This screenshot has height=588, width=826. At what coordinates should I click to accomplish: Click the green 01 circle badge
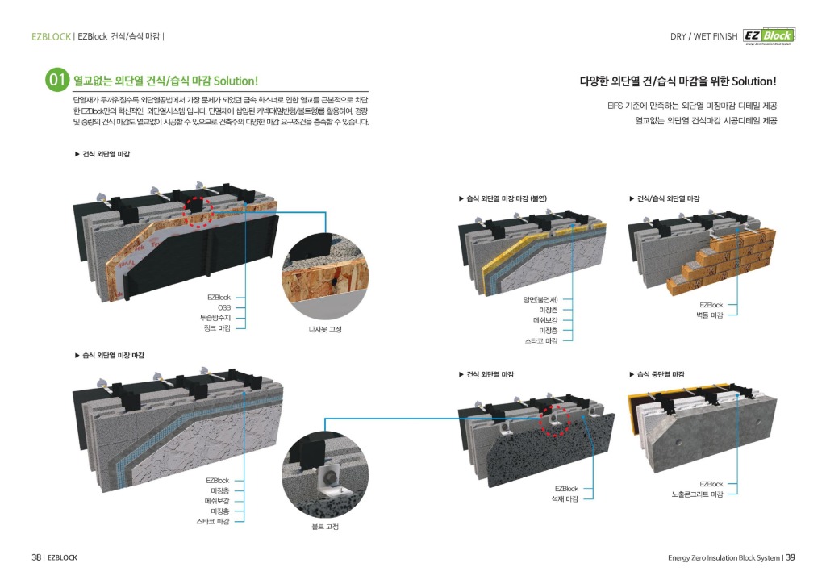pyautogui.click(x=58, y=81)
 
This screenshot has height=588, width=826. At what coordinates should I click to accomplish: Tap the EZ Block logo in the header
pyautogui.click(x=769, y=36)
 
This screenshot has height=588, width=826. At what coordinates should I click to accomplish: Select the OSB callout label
pyautogui.click(x=224, y=307)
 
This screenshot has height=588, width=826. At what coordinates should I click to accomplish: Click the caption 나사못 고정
pyautogui.click(x=325, y=329)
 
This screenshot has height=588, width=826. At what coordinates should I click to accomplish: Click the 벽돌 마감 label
pyautogui.click(x=710, y=315)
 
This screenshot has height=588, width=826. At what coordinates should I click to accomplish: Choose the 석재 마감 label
pyautogui.click(x=565, y=498)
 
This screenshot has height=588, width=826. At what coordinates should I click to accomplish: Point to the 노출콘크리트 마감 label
pyautogui.click(x=697, y=493)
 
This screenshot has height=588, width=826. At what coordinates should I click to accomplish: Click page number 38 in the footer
pyautogui.click(x=35, y=557)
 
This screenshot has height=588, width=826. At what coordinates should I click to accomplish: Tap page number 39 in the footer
pyautogui.click(x=791, y=557)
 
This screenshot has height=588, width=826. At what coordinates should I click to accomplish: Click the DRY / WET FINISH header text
pyautogui.click(x=703, y=36)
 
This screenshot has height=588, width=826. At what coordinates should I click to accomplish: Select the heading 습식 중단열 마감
pyautogui.click(x=661, y=374)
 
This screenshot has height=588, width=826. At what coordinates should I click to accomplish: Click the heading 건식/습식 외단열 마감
pyautogui.click(x=668, y=198)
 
